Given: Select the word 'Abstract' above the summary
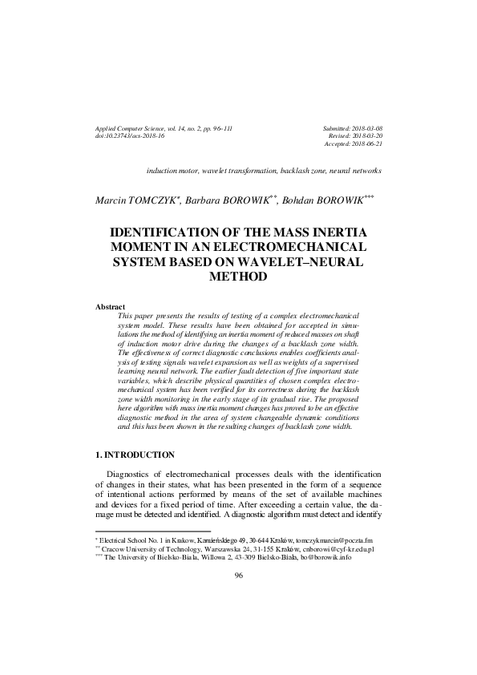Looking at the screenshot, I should [x=111, y=307].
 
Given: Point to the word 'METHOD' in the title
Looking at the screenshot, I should [x=237, y=277].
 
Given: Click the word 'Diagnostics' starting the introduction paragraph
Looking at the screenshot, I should [x=132, y=475].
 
